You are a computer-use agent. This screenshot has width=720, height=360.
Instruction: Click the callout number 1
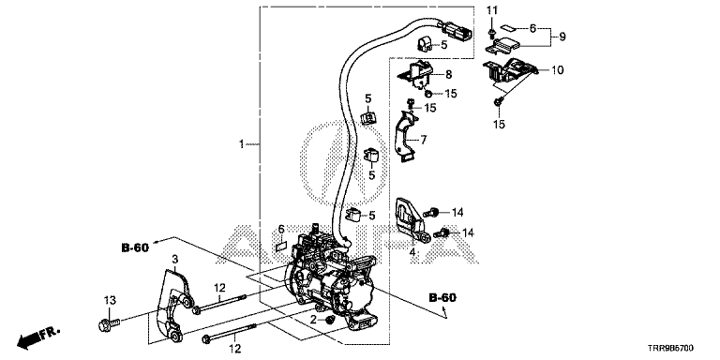pyautogui.click(x=242, y=144)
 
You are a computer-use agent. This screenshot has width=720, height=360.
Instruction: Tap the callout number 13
pyautogui.click(x=110, y=300)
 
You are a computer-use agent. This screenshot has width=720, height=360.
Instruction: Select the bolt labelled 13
pyautogui.click(x=109, y=324)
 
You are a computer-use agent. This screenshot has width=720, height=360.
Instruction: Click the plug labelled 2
pyautogui.click(x=328, y=320)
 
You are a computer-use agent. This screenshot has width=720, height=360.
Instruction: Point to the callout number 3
pyautogui.click(x=175, y=260)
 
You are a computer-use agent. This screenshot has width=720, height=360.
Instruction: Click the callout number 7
pyautogui.click(x=424, y=138)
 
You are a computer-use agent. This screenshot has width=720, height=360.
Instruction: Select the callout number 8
pyautogui.click(x=449, y=74)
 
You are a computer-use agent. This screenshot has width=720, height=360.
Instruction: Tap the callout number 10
pyautogui.click(x=558, y=70)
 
